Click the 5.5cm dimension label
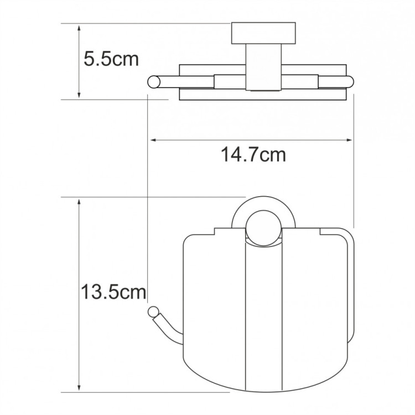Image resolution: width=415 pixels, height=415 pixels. click(x=111, y=59)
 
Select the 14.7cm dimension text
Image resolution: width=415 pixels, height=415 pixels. click(x=254, y=155)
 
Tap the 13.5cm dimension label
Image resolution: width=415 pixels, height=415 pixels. click(x=113, y=291)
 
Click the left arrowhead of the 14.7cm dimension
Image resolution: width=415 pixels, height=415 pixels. click(x=153, y=140)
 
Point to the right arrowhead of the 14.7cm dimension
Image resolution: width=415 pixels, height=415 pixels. click(x=349, y=140)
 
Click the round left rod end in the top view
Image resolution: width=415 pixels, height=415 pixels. click(x=153, y=82)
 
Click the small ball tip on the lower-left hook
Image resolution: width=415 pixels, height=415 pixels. click(x=153, y=312)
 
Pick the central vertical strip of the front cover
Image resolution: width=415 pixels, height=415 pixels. click(x=263, y=321)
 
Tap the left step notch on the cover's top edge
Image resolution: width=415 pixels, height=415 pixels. click(x=215, y=232)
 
